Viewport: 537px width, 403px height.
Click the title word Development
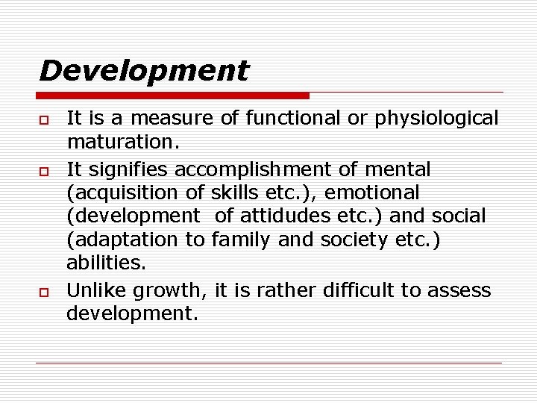coord(144,71)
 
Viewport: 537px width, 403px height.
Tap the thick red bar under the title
coord(172,96)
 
